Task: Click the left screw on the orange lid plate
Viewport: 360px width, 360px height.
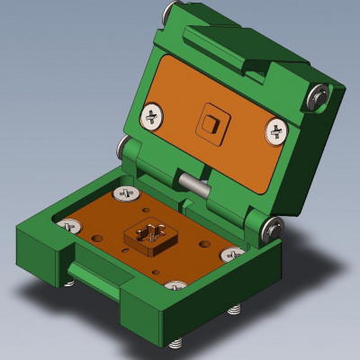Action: click(153, 115)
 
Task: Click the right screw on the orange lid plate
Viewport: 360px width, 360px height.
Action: click(276, 133)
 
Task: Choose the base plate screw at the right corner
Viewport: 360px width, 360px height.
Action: click(233, 254)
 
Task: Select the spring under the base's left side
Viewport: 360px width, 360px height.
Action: click(69, 283)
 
